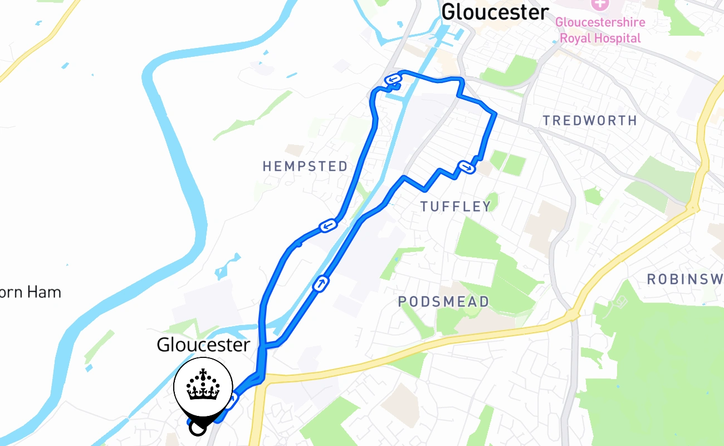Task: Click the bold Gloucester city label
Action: pyautogui.click(x=495, y=12)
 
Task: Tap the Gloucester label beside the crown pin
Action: pyautogui.click(x=203, y=345)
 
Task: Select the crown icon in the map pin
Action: pyautogui.click(x=203, y=385)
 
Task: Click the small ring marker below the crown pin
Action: pyautogui.click(x=197, y=428)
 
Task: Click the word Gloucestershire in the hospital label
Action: pyautogui.click(x=600, y=23)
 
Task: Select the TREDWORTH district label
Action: pyautogui.click(x=590, y=120)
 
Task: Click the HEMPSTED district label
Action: pyautogui.click(x=305, y=166)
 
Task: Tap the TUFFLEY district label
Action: pyautogui.click(x=456, y=207)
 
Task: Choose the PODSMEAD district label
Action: pyautogui.click(x=443, y=302)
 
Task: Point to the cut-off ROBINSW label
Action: pyautogui.click(x=685, y=279)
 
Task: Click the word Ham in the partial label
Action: pyautogui.click(x=46, y=292)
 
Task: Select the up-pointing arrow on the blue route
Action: pyautogui.click(x=321, y=284)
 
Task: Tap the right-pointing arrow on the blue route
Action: pyautogui.click(x=466, y=166)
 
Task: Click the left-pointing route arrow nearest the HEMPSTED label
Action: pyautogui.click(x=328, y=225)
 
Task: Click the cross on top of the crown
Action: pyautogui.click(x=203, y=372)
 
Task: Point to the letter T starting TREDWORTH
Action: pyautogui.click(x=547, y=120)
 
